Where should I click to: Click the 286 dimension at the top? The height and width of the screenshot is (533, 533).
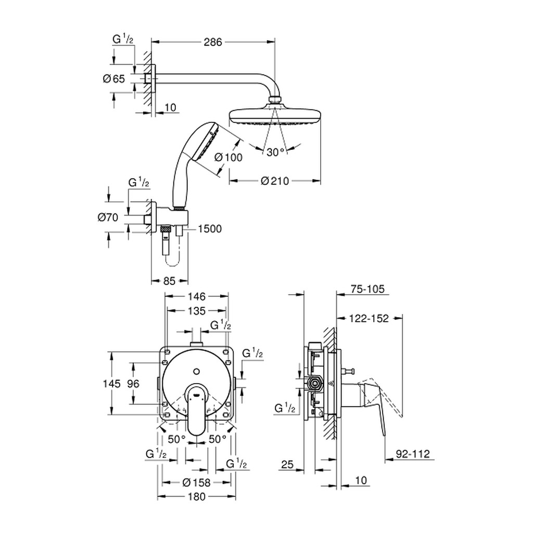coord(212,42)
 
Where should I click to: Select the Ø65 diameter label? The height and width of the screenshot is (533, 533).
coord(114,79)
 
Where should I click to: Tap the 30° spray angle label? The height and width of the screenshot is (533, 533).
coord(275,153)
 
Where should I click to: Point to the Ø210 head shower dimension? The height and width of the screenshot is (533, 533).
coord(275,181)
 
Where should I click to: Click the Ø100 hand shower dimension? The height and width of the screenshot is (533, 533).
coord(229,157)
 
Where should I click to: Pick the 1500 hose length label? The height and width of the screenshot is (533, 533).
coord(209,229)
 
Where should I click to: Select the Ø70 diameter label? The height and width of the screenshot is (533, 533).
coord(108,217)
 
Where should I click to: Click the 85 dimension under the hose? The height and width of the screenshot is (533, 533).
coord(169,281)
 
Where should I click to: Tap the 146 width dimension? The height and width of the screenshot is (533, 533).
coord(197,296)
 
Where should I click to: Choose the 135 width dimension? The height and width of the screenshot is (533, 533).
coord(197,311)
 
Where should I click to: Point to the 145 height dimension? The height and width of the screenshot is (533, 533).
coord(112,384)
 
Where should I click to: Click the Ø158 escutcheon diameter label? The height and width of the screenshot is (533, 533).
coord(196,483)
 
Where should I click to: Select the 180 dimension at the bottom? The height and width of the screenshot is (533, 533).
coord(197,497)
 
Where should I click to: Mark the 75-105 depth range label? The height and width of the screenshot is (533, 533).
coord(367,289)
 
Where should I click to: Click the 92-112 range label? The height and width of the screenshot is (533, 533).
coord(413,454)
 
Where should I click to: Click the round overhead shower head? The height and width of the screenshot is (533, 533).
coord(275,117)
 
